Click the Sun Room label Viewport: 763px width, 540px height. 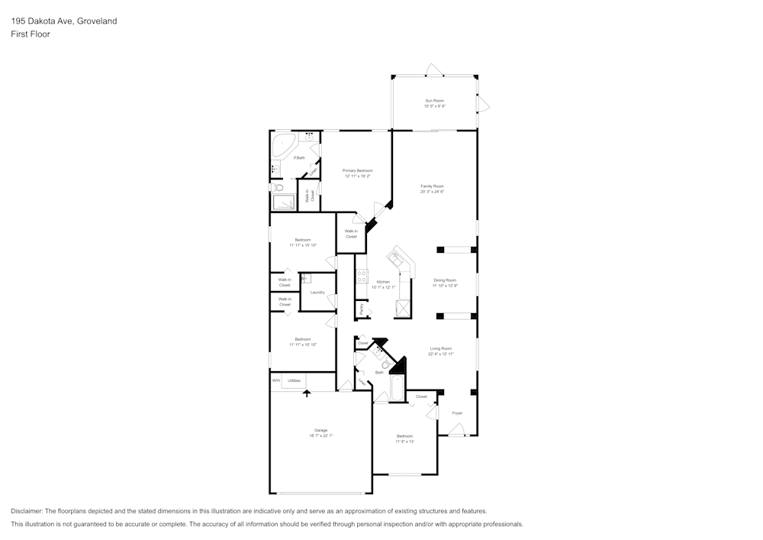[434, 101]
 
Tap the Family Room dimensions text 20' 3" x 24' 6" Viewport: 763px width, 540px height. [432, 192]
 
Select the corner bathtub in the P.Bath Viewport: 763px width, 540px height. [284, 143]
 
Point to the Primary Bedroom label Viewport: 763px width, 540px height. [357, 170]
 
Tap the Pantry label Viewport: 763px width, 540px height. [361, 309]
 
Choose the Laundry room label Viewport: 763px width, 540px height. [317, 293]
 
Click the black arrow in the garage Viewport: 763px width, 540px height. [307, 393]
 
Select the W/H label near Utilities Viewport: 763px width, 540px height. [275, 380]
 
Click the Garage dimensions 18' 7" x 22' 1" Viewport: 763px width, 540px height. [321, 435]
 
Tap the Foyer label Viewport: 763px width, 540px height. [457, 413]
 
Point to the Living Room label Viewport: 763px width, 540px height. [441, 349]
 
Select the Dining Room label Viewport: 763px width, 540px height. [445, 280]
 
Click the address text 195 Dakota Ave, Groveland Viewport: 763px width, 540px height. [64, 21]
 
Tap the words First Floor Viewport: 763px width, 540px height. [31, 34]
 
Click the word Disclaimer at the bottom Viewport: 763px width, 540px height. [27, 511]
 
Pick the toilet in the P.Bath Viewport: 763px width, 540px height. [278, 187]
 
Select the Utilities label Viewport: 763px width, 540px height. [295, 380]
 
